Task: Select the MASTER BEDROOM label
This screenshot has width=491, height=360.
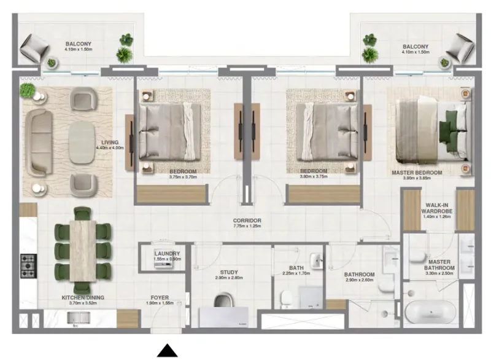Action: (417, 173)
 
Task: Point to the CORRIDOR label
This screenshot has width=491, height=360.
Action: (247, 220)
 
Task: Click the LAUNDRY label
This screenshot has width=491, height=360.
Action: (167, 253)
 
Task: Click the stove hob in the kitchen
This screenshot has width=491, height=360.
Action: (28, 265)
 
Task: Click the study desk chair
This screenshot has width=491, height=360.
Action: (225, 302)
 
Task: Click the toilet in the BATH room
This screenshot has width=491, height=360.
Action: (287, 300)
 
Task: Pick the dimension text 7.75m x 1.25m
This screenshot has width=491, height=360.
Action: (247, 227)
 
